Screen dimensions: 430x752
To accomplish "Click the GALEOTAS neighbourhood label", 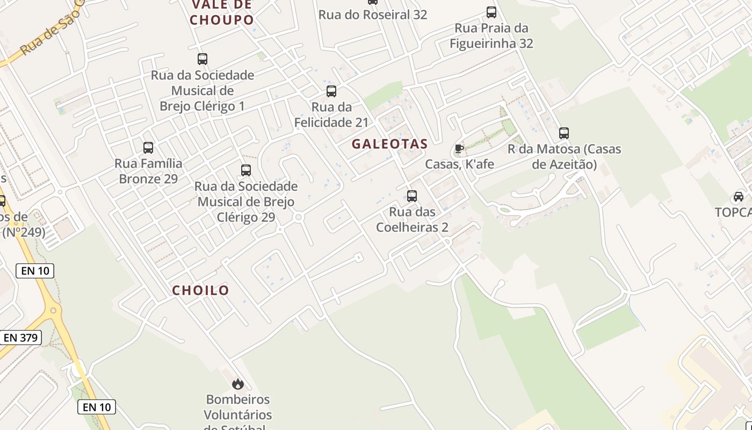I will [x=389, y=144].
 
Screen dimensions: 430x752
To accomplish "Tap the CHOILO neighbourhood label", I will [x=200, y=290].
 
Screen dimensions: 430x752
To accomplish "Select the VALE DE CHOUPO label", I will [x=222, y=13].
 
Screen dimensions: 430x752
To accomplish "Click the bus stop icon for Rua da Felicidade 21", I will [x=331, y=91].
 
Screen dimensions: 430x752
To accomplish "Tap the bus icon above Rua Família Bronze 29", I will [x=148, y=147].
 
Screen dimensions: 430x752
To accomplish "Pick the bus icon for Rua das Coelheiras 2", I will [x=412, y=196].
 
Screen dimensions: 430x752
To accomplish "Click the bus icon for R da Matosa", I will [x=563, y=133].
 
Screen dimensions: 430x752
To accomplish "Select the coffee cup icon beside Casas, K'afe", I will [x=459, y=148].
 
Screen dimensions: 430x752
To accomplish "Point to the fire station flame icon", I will [x=238, y=384].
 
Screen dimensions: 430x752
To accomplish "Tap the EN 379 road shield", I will [x=20, y=338].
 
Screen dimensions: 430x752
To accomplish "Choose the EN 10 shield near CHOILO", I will [x=35, y=271].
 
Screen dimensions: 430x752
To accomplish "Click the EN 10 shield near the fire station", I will [x=97, y=407].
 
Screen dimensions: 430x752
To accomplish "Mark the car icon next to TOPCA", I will [x=739, y=197].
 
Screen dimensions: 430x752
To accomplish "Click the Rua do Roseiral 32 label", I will [x=373, y=15].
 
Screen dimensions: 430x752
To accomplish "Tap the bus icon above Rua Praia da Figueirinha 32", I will [x=491, y=12].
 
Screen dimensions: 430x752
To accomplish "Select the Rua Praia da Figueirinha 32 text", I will [x=491, y=35].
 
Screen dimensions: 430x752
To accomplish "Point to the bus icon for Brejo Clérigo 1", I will [x=203, y=59].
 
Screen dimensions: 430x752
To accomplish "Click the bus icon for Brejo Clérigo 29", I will [x=246, y=170].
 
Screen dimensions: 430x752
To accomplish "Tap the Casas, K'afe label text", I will [x=459, y=164].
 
